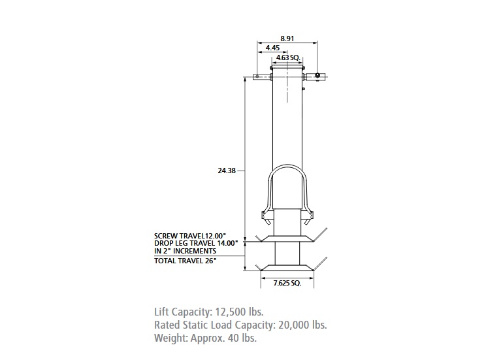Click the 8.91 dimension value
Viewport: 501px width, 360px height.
[287, 39]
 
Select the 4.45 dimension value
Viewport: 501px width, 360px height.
[273, 48]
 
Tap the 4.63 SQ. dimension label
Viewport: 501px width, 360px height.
[287, 58]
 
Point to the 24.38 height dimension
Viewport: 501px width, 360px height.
[227, 171]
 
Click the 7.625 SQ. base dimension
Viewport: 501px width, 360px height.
[287, 284]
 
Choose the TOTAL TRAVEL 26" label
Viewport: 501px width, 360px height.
[186, 260]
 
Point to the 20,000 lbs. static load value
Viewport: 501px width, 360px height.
[300, 325]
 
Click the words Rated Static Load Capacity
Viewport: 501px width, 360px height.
[203, 325]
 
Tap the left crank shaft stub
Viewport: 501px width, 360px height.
[262, 76]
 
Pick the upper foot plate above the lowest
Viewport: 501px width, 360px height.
[287, 238]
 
